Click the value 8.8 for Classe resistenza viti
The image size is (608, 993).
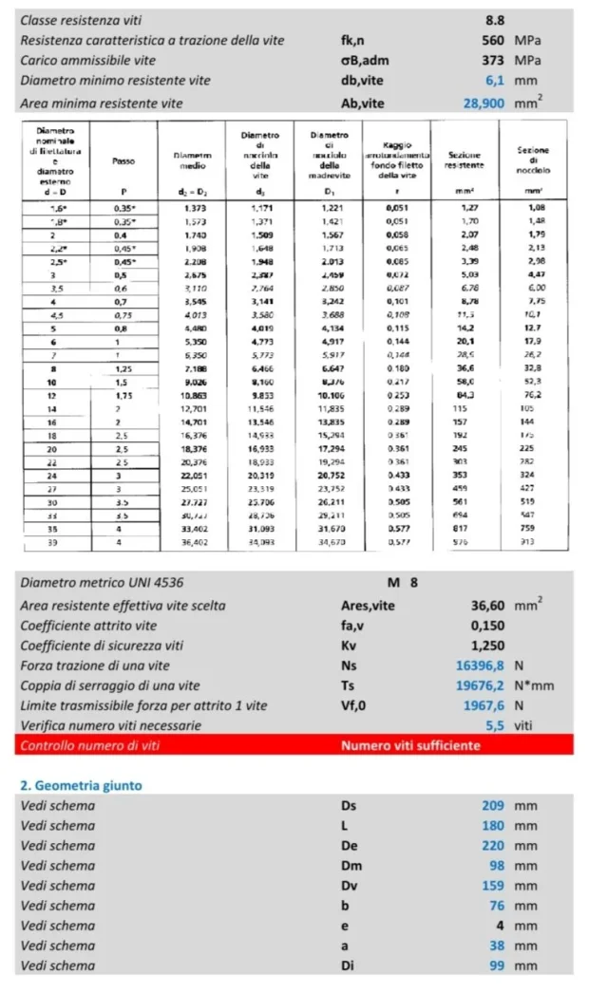(495, 19)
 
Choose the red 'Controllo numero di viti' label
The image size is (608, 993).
(90, 745)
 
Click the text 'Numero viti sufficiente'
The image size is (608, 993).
(410, 745)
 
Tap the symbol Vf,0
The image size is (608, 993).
(355, 705)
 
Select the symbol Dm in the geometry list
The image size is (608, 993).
(351, 866)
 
